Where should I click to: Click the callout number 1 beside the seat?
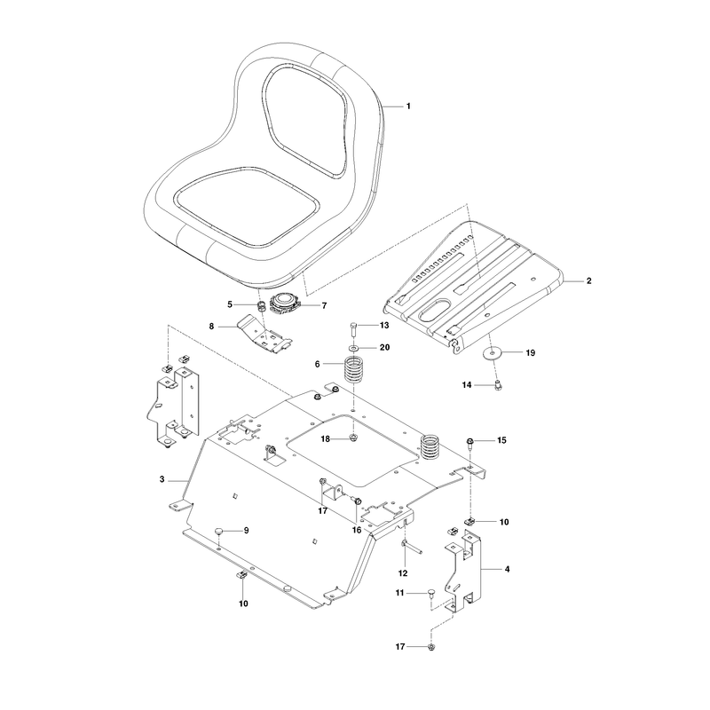point(408,106)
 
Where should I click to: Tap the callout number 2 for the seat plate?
point(588,280)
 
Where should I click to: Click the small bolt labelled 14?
point(498,386)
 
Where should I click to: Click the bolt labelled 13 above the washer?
point(354,329)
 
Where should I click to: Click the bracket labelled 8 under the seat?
point(264,335)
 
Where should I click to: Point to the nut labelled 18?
point(353,438)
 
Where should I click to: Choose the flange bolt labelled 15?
point(469,442)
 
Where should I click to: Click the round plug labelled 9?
point(219,530)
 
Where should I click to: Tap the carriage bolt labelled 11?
point(430,594)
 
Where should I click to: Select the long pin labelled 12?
point(411,547)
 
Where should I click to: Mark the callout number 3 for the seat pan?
point(162,479)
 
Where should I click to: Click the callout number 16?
point(357,530)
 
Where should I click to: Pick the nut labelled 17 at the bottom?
point(431,647)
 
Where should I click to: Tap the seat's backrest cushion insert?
point(304,120)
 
